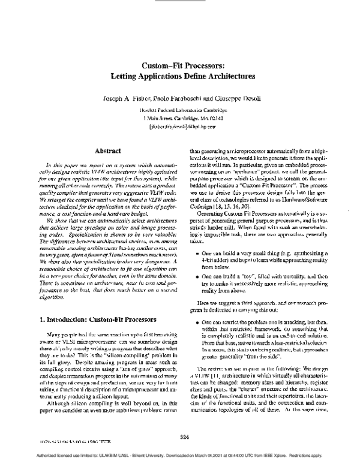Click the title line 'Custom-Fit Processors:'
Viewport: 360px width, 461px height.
tap(179, 66)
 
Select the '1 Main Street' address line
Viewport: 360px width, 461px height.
tap(179, 119)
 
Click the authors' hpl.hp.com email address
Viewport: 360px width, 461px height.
tap(179, 127)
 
